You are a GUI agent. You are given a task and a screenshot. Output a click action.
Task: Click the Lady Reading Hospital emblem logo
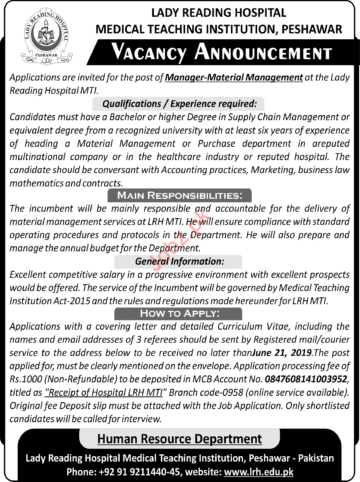coord(46,36)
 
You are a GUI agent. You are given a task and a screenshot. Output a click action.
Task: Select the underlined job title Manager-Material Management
coord(234,77)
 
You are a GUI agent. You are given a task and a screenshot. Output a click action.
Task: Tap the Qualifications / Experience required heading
coord(179,104)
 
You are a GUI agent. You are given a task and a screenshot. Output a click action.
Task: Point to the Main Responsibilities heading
coord(179,196)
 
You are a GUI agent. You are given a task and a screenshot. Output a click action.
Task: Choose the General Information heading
coord(179,261)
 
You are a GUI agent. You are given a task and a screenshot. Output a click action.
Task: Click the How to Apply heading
coord(179,314)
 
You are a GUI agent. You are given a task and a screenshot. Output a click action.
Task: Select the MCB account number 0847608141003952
coord(306,379)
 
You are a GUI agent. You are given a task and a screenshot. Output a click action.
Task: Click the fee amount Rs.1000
coord(26,379)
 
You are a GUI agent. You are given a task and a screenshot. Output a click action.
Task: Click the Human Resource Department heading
coord(179,439)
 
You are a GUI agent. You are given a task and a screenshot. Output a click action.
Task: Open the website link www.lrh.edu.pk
coord(259,472)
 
